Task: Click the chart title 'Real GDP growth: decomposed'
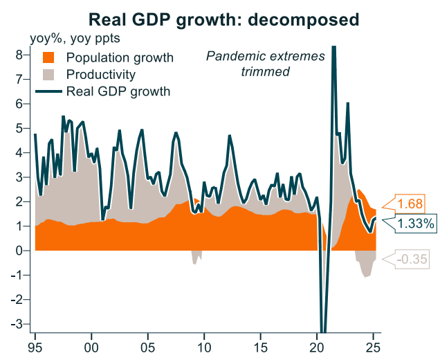(221, 17)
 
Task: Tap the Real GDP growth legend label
(118, 91)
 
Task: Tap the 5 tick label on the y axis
(21, 128)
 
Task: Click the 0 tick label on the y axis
(21, 251)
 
